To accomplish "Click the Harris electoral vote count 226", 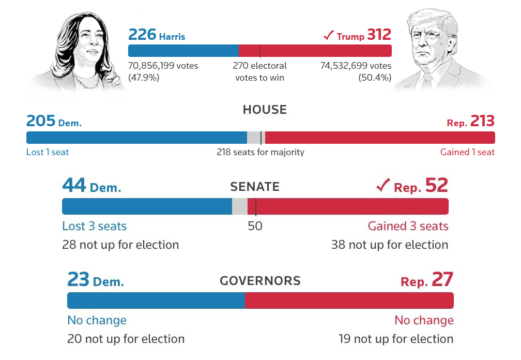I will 142,35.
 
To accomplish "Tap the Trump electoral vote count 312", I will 379,35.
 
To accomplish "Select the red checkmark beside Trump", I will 328,35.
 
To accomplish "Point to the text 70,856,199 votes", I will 163,66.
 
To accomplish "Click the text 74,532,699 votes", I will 356,66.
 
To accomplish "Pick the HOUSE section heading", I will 265,110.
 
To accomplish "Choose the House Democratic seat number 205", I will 41,121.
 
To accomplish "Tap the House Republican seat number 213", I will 482,121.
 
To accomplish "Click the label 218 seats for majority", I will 260,152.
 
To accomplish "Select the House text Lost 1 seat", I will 48,152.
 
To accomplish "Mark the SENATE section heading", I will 255,187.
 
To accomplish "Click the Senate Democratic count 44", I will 74,186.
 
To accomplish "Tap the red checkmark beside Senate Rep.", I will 382,186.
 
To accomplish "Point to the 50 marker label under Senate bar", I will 255,226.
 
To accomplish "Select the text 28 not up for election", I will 120,245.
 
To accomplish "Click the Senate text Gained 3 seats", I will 408,226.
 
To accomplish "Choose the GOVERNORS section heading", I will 260,281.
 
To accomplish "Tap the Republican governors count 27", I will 442,280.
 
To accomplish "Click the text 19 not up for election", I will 396,339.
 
